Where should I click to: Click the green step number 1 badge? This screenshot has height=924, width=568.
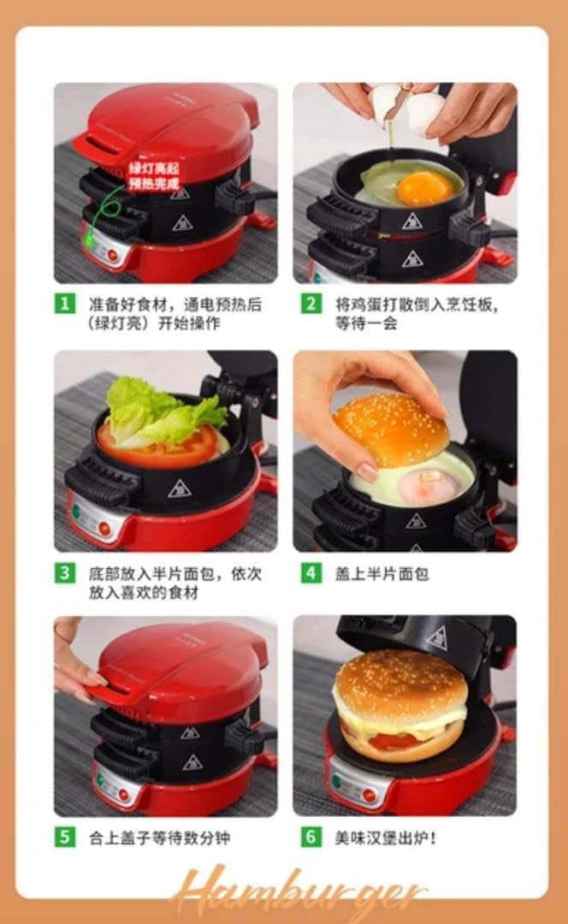click(64, 304)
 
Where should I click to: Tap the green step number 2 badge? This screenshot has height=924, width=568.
click(311, 304)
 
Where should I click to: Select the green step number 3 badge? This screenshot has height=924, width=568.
click(64, 572)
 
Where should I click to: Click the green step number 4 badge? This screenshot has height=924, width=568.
click(311, 572)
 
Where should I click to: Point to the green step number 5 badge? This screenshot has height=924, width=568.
click(64, 837)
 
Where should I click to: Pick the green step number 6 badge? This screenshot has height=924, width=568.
click(311, 837)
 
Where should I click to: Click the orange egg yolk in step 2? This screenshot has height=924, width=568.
click(424, 187)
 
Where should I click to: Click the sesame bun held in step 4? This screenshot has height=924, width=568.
click(391, 428)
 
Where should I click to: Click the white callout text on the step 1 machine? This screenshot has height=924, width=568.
click(154, 175)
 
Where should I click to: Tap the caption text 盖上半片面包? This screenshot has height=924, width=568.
click(381, 573)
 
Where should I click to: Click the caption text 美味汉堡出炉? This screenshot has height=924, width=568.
click(385, 838)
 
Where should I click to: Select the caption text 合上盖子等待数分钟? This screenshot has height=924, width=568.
click(159, 838)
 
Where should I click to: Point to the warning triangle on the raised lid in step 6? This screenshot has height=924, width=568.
click(436, 638)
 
